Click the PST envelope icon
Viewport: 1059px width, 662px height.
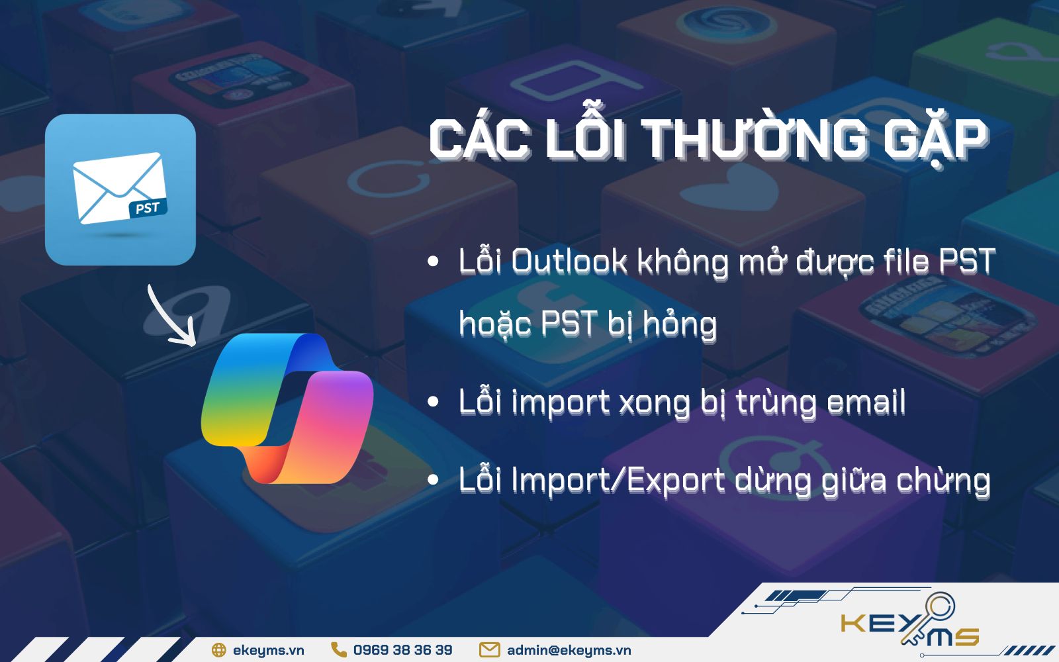point(120,189)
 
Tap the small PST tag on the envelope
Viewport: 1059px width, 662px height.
point(147,209)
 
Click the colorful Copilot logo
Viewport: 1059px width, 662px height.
point(287,408)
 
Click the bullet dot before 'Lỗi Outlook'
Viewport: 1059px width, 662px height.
point(434,261)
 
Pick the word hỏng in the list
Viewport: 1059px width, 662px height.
point(680,324)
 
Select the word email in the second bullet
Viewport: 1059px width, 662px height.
point(866,402)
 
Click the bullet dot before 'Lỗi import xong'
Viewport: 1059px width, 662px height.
point(434,402)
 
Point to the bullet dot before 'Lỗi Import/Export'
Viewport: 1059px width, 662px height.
point(434,480)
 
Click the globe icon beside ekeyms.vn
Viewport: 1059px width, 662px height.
point(218,650)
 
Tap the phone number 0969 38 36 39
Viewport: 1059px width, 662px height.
point(402,650)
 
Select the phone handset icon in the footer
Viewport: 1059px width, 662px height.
point(339,650)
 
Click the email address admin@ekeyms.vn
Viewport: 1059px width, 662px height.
point(569,650)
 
